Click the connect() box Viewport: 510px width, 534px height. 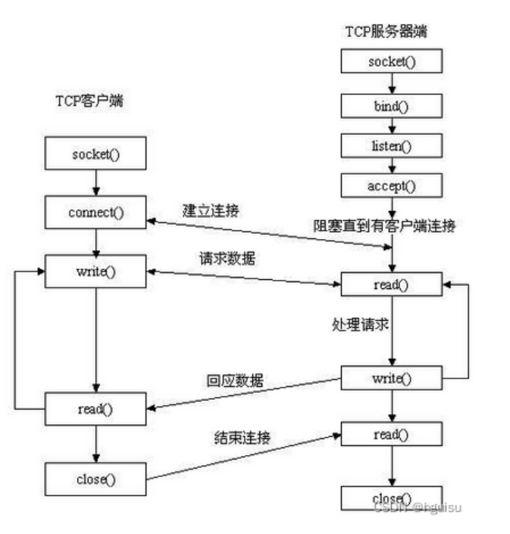click(x=95, y=212)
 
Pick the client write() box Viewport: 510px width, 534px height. click(x=95, y=271)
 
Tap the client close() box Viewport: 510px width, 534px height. click(x=95, y=479)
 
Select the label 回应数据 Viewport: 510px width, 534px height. click(x=235, y=382)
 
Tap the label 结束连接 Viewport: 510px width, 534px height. click(x=243, y=438)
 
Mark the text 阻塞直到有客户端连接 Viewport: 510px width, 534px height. click(x=384, y=225)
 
